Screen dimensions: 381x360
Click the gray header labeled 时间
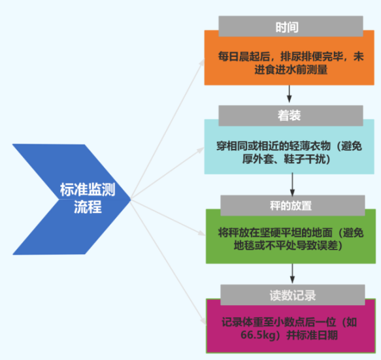(291, 26)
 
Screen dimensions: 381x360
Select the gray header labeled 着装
(291, 116)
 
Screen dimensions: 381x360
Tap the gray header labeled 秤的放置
(293, 206)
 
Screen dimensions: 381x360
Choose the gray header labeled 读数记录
(293, 295)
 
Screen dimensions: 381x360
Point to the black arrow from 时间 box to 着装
(289, 94)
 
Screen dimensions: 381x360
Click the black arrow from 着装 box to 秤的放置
(292, 184)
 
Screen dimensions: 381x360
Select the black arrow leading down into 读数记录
(292, 274)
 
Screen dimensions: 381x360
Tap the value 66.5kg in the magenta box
(259, 335)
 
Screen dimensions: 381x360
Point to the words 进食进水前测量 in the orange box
(291, 70)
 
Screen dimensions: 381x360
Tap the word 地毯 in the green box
(244, 246)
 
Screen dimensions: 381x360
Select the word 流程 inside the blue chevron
(88, 207)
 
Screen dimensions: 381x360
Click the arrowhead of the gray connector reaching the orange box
(202, 62)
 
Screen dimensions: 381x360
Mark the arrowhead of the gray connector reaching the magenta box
(203, 321)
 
